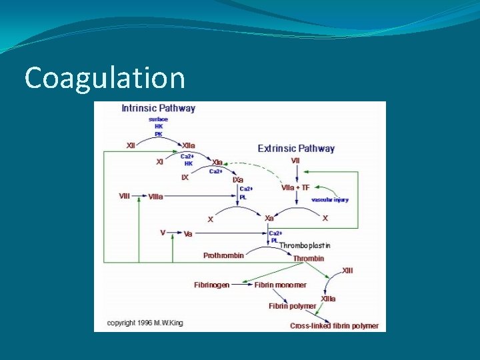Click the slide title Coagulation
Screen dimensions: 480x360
click(104, 78)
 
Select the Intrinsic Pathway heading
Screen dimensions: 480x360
click(158, 108)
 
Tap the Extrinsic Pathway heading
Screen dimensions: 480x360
click(296, 148)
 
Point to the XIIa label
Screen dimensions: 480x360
click(189, 145)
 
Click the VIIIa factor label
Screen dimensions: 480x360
click(155, 196)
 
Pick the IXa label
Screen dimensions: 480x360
click(237, 180)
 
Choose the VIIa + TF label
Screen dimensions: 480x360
click(296, 187)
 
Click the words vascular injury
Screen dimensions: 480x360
click(330, 199)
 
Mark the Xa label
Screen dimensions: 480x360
click(269, 218)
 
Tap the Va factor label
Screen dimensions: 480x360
click(188, 234)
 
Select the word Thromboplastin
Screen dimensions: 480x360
click(305, 245)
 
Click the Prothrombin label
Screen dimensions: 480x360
click(223, 255)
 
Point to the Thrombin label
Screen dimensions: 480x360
click(309, 258)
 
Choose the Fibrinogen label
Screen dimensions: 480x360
click(211, 285)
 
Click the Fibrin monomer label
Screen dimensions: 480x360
click(280, 285)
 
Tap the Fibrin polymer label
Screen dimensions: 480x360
click(292, 306)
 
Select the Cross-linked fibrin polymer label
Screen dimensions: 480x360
click(334, 326)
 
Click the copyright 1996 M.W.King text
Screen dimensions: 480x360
click(145, 323)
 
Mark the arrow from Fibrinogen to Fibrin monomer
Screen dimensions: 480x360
click(241, 285)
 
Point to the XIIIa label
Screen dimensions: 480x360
click(328, 299)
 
